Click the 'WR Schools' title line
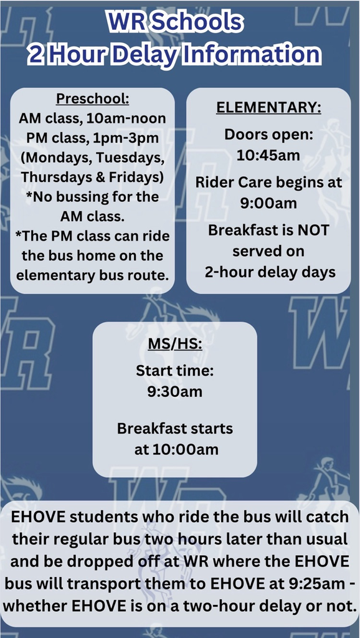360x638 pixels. click(174, 22)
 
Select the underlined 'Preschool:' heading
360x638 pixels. click(93, 98)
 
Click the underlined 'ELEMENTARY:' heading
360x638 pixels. click(268, 107)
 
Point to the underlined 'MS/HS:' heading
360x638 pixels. click(174, 344)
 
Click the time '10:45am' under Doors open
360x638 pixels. click(268, 155)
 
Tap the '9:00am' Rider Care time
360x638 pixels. click(268, 203)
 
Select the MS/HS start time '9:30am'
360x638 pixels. click(174, 392)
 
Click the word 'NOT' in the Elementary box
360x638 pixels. click(311, 230)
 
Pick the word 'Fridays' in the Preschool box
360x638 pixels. click(135, 177)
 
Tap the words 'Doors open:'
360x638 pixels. click(268, 135)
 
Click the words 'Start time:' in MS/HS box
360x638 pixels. click(174, 371)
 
